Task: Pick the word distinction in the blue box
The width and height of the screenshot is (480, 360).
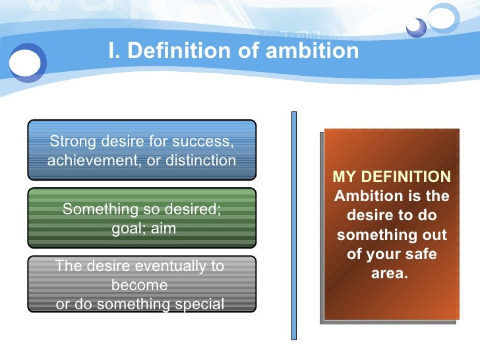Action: click(198, 160)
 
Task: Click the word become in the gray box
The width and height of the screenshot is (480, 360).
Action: click(140, 285)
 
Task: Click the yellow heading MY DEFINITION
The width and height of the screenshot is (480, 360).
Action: click(392, 177)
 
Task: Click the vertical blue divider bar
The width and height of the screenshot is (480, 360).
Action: click(294, 224)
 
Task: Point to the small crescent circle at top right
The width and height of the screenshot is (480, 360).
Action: click(416, 27)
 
